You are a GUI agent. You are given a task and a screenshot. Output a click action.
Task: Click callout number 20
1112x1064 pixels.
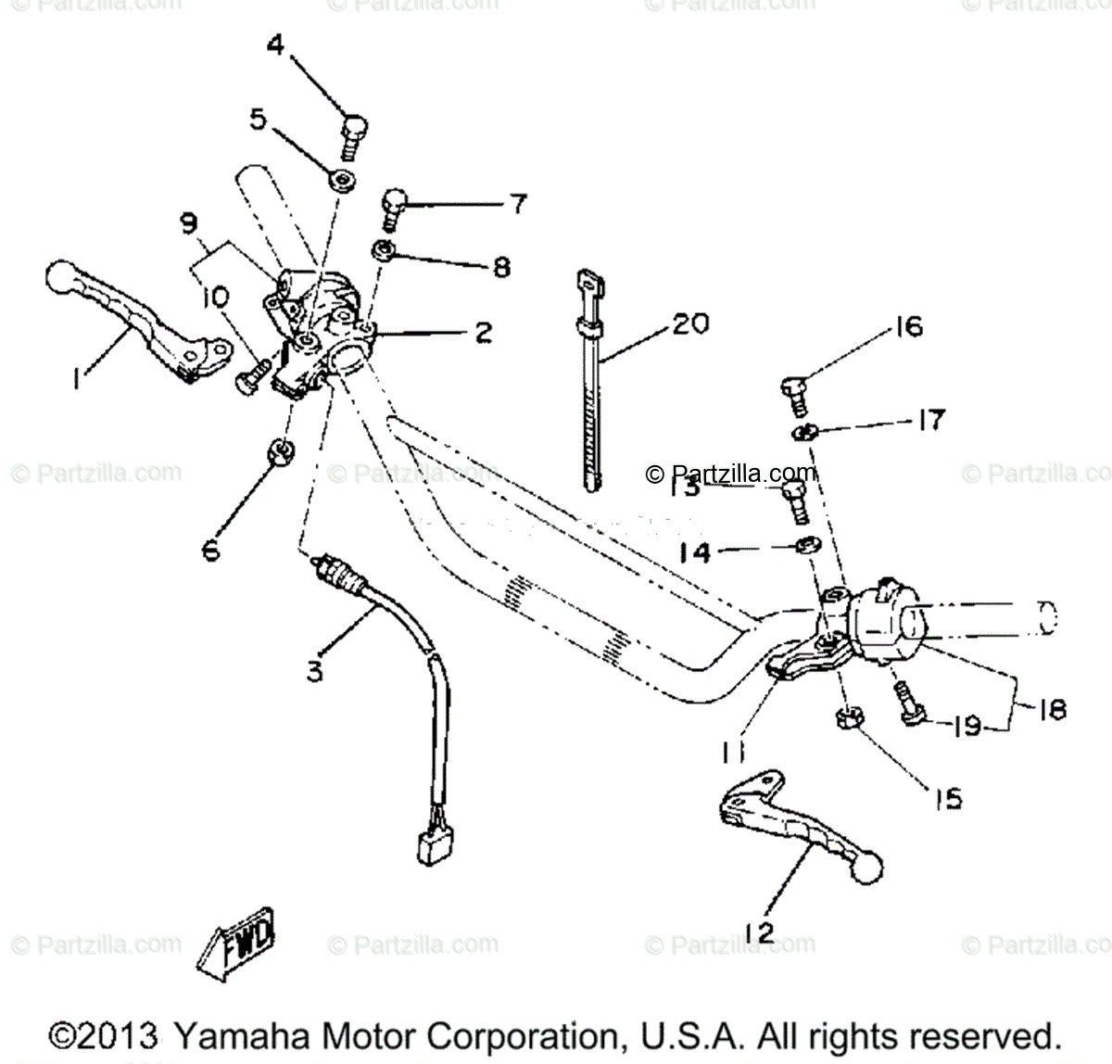pos(690,324)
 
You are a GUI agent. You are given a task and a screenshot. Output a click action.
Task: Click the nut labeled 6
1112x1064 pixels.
pos(280,451)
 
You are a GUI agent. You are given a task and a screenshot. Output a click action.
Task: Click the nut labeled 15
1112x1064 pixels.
pos(846,718)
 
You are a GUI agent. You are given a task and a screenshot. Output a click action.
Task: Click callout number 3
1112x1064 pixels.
pos(316,670)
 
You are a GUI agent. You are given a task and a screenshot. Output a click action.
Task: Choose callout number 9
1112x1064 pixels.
pos(188,222)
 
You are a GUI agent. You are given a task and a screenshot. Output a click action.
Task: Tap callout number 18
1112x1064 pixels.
pos(1049,709)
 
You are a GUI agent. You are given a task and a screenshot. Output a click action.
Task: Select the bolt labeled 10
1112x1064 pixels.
pos(251,382)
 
